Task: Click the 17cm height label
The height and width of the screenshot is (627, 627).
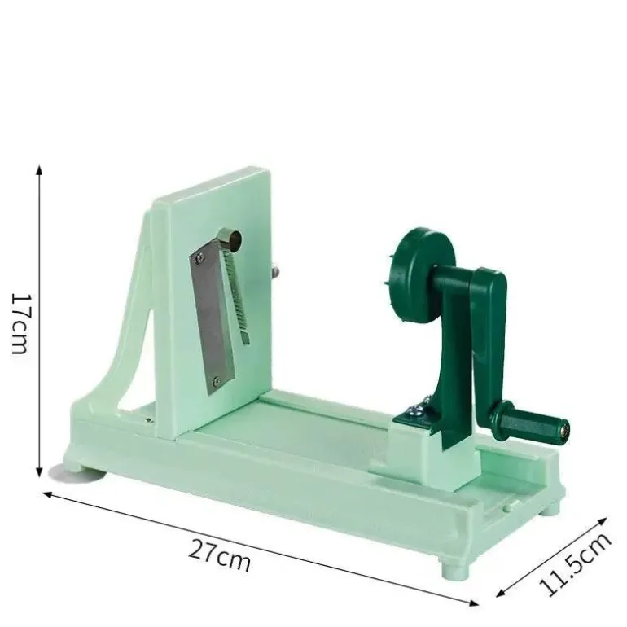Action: (x=20, y=324)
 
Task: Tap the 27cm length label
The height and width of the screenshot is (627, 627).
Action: (x=220, y=555)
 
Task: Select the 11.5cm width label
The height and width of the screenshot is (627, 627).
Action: (x=574, y=563)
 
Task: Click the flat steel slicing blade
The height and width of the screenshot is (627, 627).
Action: (x=212, y=320)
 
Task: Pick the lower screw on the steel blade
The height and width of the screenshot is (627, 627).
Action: (x=217, y=381)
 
